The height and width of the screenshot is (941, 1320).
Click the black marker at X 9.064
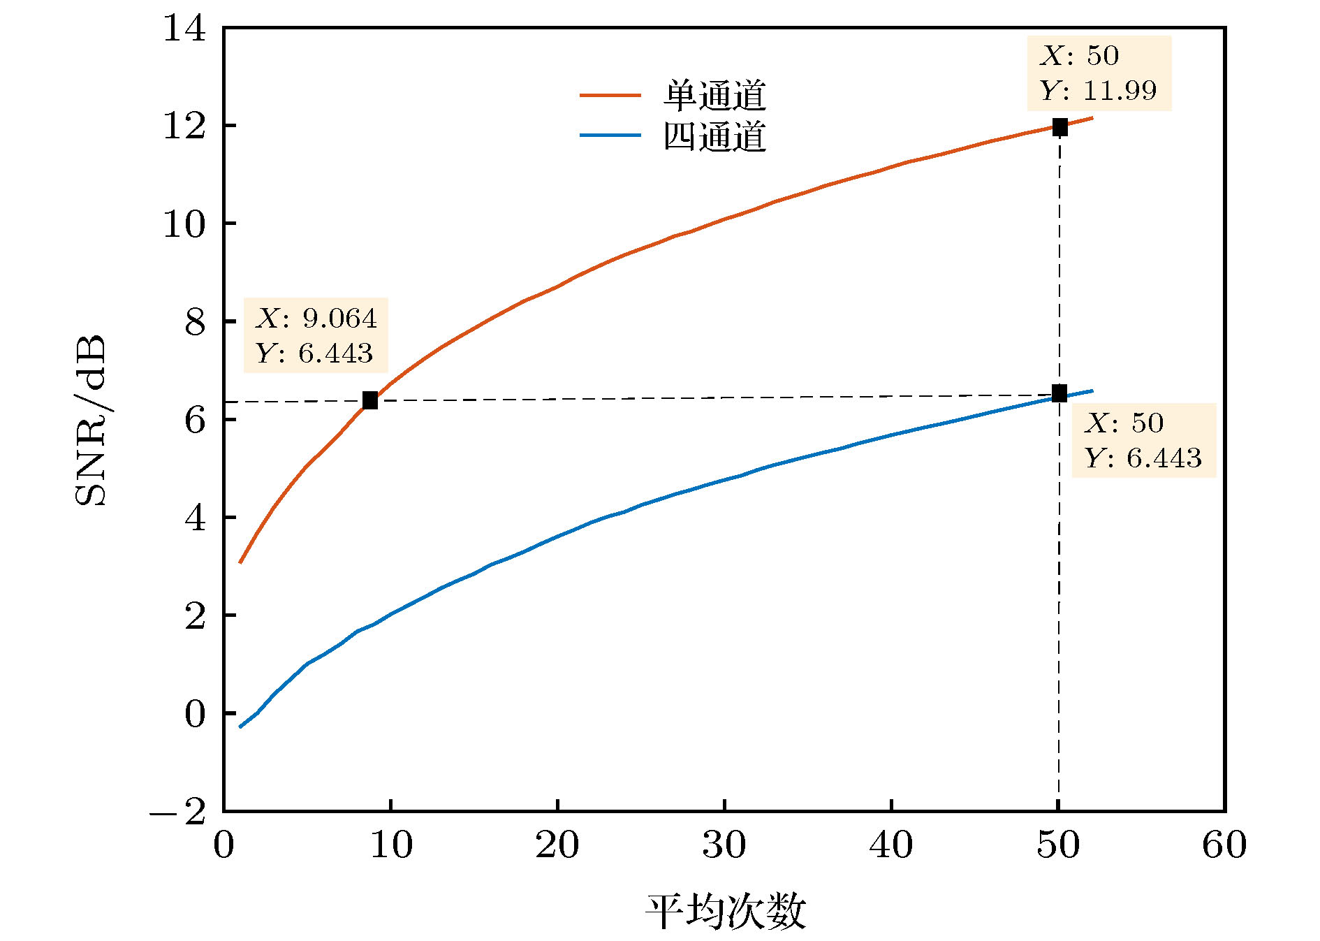pos(369,400)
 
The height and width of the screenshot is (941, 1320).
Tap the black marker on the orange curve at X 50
pos(1059,127)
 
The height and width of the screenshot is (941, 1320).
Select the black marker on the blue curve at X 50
pos(1059,393)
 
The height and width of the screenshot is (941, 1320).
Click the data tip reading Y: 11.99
pos(1099,73)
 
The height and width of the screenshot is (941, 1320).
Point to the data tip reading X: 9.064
pos(315,335)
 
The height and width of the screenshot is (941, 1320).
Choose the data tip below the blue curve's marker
pos(1143,440)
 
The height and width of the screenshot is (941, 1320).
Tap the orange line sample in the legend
pos(610,95)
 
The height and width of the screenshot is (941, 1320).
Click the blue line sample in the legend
pos(610,135)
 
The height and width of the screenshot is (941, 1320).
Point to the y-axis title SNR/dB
pos(91,419)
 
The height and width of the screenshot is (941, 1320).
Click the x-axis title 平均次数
pos(725,912)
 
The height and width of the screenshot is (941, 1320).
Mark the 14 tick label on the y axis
pos(184,29)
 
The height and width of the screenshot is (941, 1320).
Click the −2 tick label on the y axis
pos(178,812)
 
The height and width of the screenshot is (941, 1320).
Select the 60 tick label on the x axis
pos(1224,845)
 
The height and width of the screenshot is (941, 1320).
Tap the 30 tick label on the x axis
pos(724,845)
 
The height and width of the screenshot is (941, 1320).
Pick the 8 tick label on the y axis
pos(195,322)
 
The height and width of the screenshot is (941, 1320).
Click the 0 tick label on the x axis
pos(223,845)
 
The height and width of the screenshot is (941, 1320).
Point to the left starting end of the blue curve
pos(240,727)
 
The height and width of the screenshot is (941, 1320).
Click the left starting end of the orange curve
pos(240,562)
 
